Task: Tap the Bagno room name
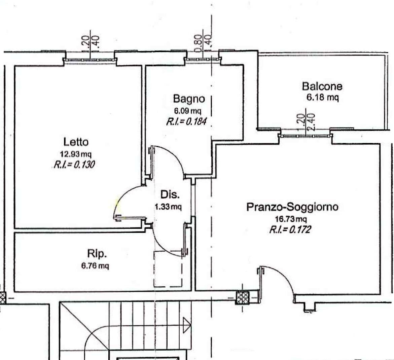(189, 99)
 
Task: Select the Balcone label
(322, 86)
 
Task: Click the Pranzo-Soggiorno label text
(292, 207)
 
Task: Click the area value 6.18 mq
(322, 98)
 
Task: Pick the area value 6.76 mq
(95, 266)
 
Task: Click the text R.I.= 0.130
(74, 165)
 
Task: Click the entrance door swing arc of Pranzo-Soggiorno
(283, 276)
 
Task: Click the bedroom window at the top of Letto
(90, 60)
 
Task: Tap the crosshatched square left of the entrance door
(242, 298)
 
